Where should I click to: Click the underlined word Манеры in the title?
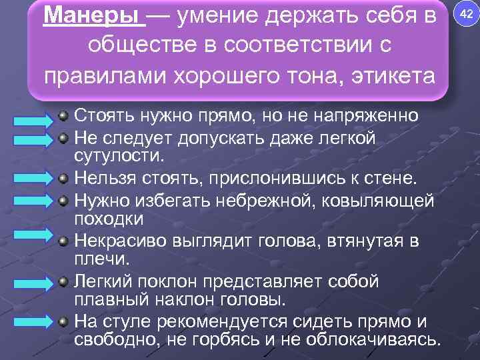pos(93,16)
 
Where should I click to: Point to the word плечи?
pos(98,259)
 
